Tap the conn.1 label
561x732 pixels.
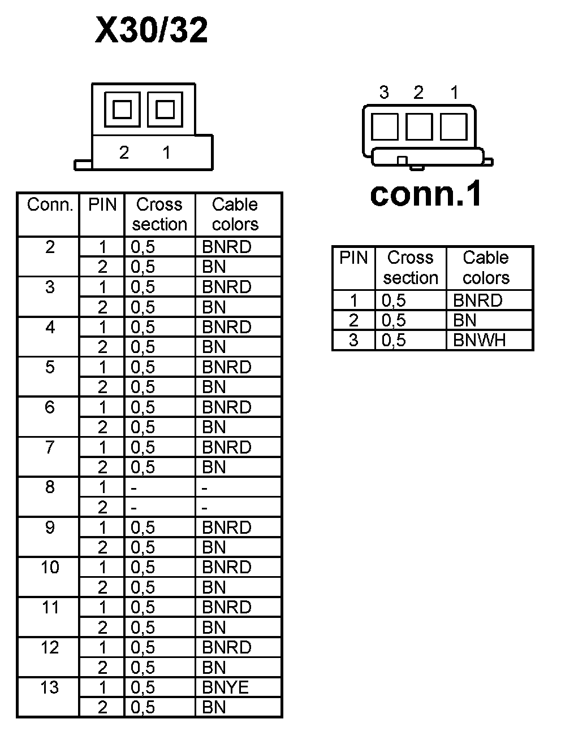click(426, 193)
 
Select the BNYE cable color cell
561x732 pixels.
click(225, 687)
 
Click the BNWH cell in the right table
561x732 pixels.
click(479, 340)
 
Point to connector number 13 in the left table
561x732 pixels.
click(50, 687)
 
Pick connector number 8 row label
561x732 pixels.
click(50, 487)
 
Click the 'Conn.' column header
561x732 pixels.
click(50, 204)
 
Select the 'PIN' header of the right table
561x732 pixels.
click(353, 258)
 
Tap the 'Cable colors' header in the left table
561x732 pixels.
click(235, 214)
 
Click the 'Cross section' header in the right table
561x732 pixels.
click(411, 268)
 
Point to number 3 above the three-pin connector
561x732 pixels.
click(385, 93)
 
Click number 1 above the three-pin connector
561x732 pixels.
click(454, 93)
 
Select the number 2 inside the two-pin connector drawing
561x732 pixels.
click(124, 152)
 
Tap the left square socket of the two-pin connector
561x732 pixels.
click(122, 109)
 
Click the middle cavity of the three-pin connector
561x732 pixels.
click(419, 126)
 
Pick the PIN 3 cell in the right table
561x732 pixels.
click(353, 340)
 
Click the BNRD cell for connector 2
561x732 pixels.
click(226, 247)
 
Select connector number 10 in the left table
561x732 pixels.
click(50, 567)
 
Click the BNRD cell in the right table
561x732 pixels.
click(477, 300)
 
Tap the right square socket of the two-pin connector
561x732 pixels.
click(165, 109)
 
